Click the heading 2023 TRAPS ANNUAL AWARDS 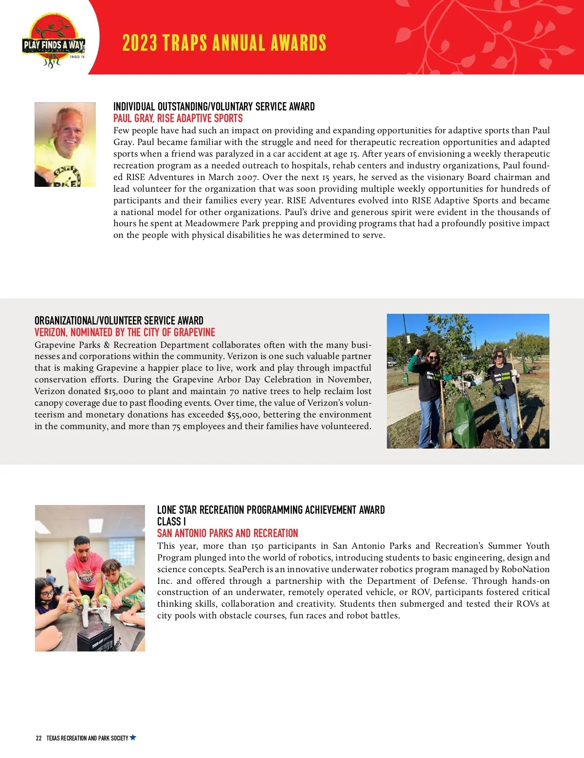point(224,43)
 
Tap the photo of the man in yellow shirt point(65,144)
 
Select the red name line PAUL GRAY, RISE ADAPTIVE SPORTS point(178,118)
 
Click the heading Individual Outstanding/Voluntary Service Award point(214,107)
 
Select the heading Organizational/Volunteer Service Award point(119,321)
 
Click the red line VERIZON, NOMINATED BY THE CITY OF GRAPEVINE point(125,332)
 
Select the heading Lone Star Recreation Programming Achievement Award point(271,510)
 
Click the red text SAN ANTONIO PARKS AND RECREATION point(227,533)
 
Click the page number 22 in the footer point(38,738)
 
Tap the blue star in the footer point(133,738)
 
